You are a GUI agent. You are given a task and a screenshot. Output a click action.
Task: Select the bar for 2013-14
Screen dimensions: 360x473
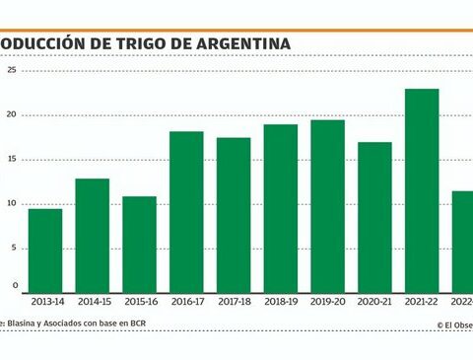click(x=45, y=251)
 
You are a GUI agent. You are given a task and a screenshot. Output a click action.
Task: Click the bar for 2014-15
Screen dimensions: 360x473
click(x=92, y=235)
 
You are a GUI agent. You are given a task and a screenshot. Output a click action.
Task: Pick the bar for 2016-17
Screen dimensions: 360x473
click(x=186, y=211)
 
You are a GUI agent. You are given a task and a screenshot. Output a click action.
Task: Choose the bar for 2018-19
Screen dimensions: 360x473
click(x=280, y=208)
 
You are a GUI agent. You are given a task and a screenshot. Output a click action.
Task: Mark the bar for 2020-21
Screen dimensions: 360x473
click(x=374, y=217)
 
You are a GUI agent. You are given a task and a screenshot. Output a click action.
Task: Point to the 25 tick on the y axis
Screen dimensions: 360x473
click(x=11, y=71)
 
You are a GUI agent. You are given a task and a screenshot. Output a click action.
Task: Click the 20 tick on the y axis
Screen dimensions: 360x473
click(x=11, y=115)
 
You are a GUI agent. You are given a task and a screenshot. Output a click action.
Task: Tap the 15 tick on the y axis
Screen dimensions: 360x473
click(x=11, y=160)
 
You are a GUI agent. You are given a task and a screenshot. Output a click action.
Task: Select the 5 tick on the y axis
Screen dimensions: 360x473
click(x=14, y=248)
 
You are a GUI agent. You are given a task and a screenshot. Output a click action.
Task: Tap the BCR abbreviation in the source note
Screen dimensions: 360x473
click(x=164, y=324)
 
